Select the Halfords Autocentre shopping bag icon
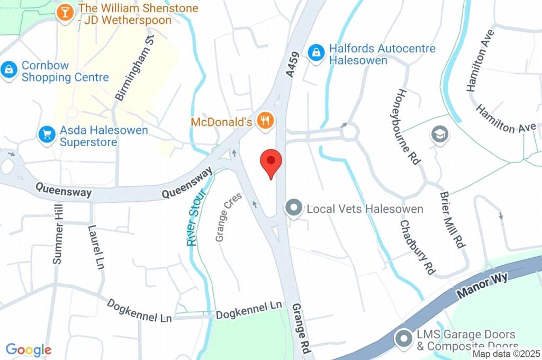317,52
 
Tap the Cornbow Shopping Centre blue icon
9,69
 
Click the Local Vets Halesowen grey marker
293,208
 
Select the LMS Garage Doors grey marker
404,337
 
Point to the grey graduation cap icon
439,133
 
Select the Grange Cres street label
229,217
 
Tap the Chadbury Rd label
417,246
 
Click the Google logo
29,350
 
